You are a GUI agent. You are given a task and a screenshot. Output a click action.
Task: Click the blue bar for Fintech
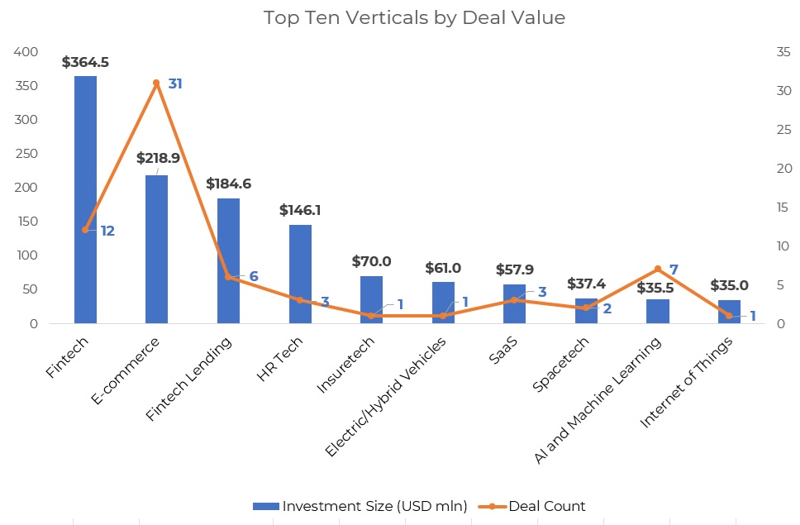85,199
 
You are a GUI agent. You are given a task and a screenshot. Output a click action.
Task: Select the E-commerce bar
156,249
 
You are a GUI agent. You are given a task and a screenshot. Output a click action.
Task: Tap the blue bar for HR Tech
300,274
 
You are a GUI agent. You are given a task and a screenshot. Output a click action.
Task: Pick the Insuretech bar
371,299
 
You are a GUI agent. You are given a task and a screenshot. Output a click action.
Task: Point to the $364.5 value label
85,62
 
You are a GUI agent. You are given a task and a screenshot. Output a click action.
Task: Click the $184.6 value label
228,184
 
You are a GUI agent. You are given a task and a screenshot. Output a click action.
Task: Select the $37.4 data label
586,284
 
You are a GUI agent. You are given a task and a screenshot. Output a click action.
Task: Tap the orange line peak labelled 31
156,83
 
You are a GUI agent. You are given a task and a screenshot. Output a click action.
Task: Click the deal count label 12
107,231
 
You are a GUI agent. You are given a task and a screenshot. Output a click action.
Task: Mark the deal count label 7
674,269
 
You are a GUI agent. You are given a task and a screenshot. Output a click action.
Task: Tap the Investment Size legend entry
360,506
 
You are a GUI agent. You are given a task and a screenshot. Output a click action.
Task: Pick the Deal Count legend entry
537,506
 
